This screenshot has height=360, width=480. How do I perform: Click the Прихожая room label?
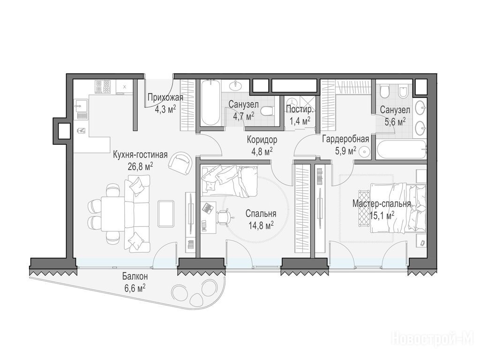165,98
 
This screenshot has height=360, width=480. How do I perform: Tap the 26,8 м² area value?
141,166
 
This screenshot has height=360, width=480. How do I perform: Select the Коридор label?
262,140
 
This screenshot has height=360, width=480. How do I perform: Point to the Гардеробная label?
345,140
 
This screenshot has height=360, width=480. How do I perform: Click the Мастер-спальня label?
382,203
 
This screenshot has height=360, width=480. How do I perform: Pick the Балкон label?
135,277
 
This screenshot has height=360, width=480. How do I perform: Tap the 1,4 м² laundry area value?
300,121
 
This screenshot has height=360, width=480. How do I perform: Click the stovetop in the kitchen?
103,86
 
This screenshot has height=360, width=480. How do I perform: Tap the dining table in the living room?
113,214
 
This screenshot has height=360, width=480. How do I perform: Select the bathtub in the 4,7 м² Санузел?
210,103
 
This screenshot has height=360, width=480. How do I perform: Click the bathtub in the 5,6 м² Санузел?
401,150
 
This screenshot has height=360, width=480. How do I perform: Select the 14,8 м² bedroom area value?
261,226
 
